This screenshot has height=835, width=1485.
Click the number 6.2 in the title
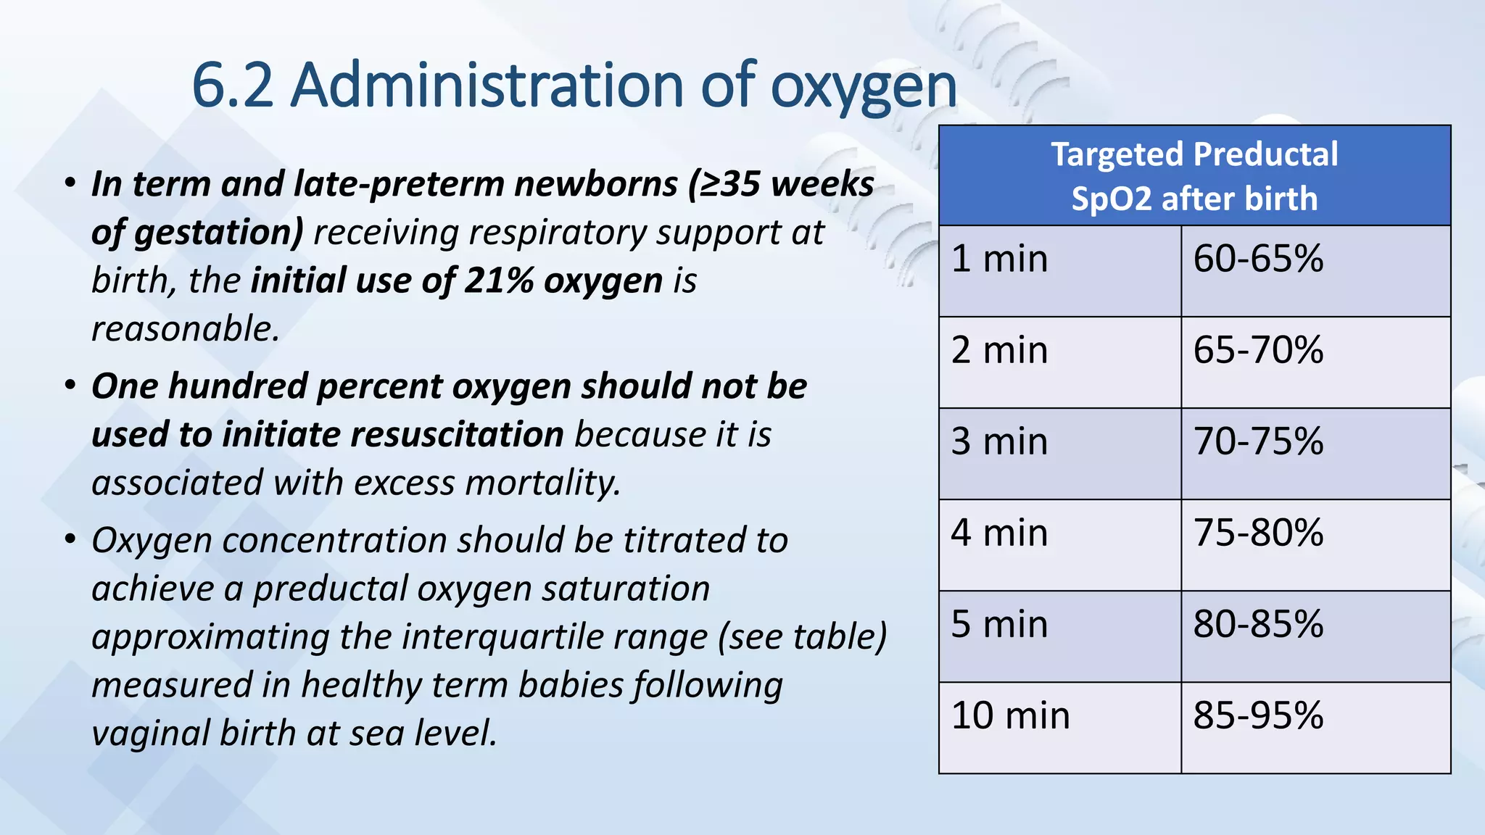pyautogui.click(x=232, y=86)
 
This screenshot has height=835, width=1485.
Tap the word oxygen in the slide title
pyautogui.click(x=863, y=88)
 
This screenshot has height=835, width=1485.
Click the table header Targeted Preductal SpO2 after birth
pyautogui.click(x=1194, y=176)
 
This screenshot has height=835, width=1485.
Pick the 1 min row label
pyautogui.click(x=999, y=259)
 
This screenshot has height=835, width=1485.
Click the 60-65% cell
pyautogui.click(x=1258, y=259)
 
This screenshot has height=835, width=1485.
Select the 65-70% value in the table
pyautogui.click(x=1258, y=350)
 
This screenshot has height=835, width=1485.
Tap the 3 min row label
pyautogui.click(x=999, y=441)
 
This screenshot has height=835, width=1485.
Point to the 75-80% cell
pyautogui.click(x=1258, y=533)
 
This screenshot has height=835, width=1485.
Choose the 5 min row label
pyautogui.click(x=999, y=624)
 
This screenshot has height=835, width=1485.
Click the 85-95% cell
pyautogui.click(x=1258, y=715)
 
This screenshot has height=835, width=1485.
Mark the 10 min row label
pyautogui.click(x=1010, y=715)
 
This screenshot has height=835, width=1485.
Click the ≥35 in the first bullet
pyautogui.click(x=725, y=184)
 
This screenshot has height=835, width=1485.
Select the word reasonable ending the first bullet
pyautogui.click(x=185, y=329)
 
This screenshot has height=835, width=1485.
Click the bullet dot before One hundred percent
pyautogui.click(x=70, y=385)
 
